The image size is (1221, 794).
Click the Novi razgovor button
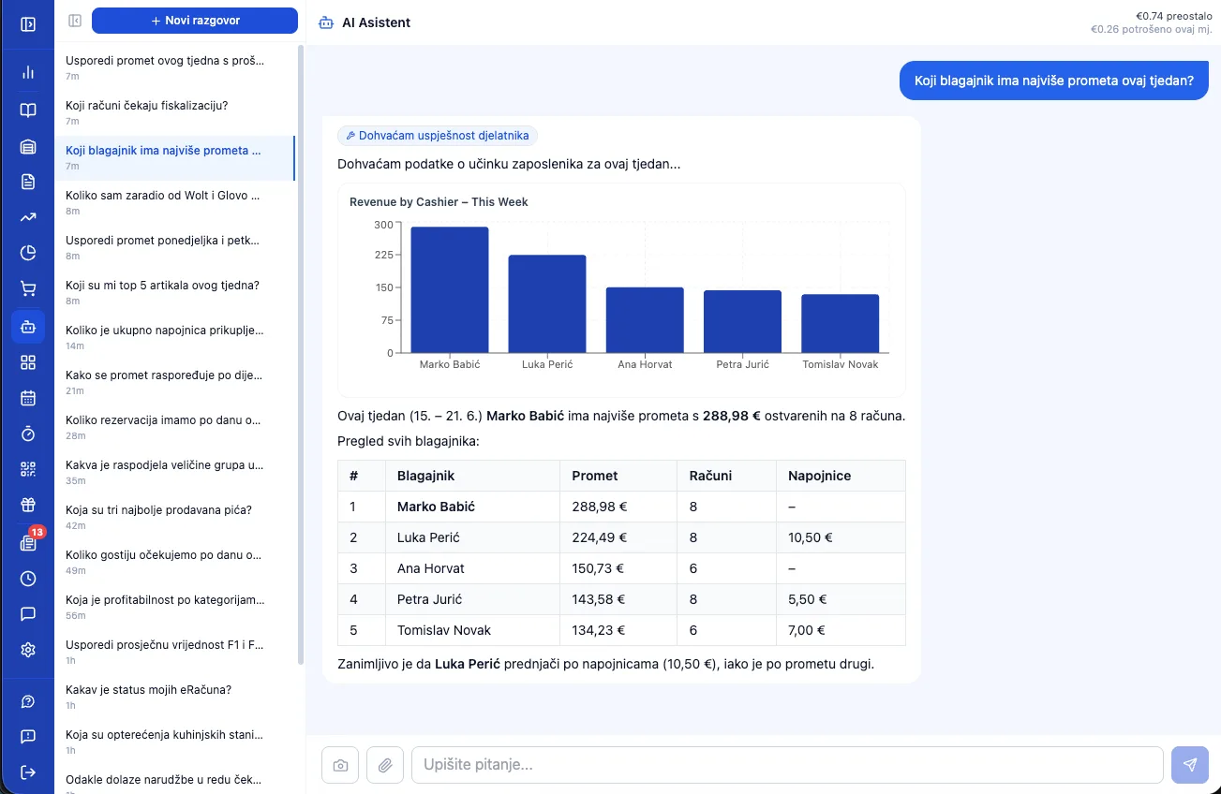click(x=195, y=21)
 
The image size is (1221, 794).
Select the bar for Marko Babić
click(x=450, y=289)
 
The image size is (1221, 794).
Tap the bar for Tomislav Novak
click(x=840, y=323)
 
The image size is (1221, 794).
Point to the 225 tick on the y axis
click(x=384, y=255)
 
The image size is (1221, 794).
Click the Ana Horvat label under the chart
click(x=645, y=364)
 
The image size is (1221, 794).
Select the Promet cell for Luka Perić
click(x=599, y=537)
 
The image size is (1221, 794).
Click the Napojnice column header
click(x=819, y=476)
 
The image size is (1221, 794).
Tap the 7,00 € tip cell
click(x=806, y=630)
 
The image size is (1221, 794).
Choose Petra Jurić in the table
click(x=429, y=599)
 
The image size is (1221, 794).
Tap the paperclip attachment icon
click(x=385, y=765)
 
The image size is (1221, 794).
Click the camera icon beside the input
click(x=340, y=765)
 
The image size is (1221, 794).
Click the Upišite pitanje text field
click(x=787, y=765)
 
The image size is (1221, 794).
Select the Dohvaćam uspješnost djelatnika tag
click(x=438, y=136)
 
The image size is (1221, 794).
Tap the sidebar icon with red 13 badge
click(x=28, y=542)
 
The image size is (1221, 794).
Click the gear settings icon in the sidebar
click(x=28, y=650)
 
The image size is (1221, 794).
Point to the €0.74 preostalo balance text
click(x=1173, y=16)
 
